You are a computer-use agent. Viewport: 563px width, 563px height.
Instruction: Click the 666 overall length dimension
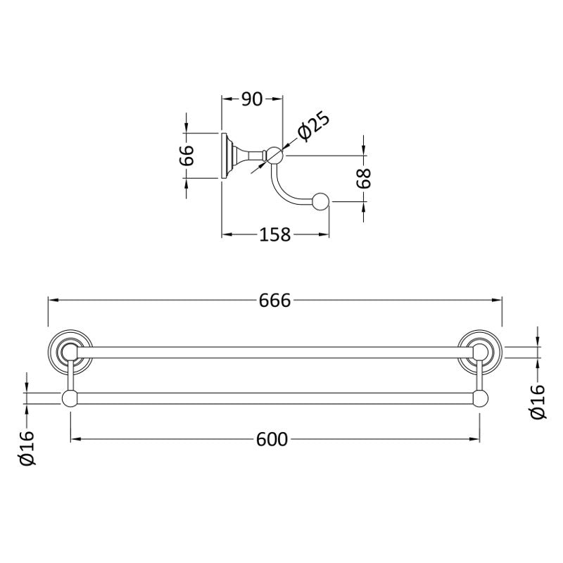274,301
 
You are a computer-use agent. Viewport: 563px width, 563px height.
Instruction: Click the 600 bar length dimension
272,439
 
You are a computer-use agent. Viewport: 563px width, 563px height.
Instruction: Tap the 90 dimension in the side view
252,99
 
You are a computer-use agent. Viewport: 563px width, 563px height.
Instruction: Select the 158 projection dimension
274,235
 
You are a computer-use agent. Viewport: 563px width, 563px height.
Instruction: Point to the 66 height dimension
186,156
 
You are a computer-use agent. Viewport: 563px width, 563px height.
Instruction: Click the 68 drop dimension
364,179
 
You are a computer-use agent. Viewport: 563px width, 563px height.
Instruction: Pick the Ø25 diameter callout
313,126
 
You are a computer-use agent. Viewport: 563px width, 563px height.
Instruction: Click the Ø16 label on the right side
538,401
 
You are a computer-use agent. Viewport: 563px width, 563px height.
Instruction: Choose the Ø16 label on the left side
27,448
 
